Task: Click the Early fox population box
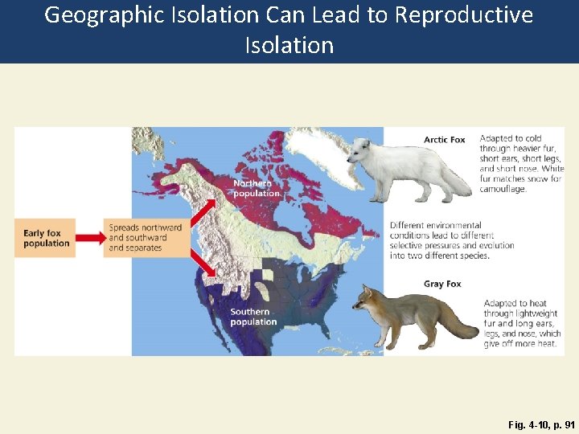coord(47,238)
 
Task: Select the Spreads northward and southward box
coord(145,238)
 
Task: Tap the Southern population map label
coord(253,317)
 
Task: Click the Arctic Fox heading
coord(445,140)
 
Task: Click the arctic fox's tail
coord(458,186)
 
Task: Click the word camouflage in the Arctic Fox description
coord(503,190)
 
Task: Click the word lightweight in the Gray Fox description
coord(530,314)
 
